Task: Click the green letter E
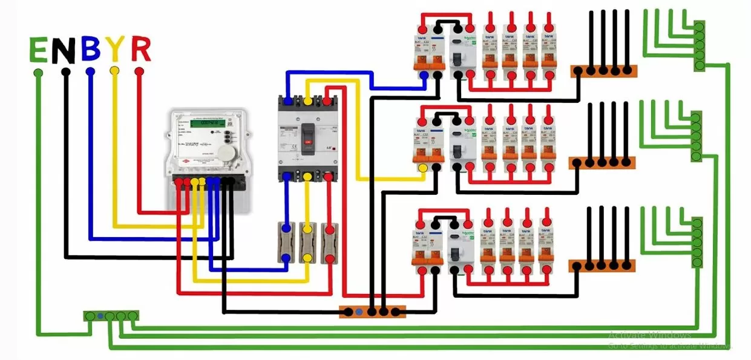(x=39, y=50)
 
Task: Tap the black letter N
(x=64, y=51)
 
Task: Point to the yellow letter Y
(x=115, y=50)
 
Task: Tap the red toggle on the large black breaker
(x=307, y=142)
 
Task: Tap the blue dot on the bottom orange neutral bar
(x=359, y=312)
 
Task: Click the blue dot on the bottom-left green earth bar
(x=99, y=316)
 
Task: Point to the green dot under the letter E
(x=38, y=73)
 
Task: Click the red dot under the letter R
(x=139, y=71)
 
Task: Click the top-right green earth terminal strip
(x=699, y=46)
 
